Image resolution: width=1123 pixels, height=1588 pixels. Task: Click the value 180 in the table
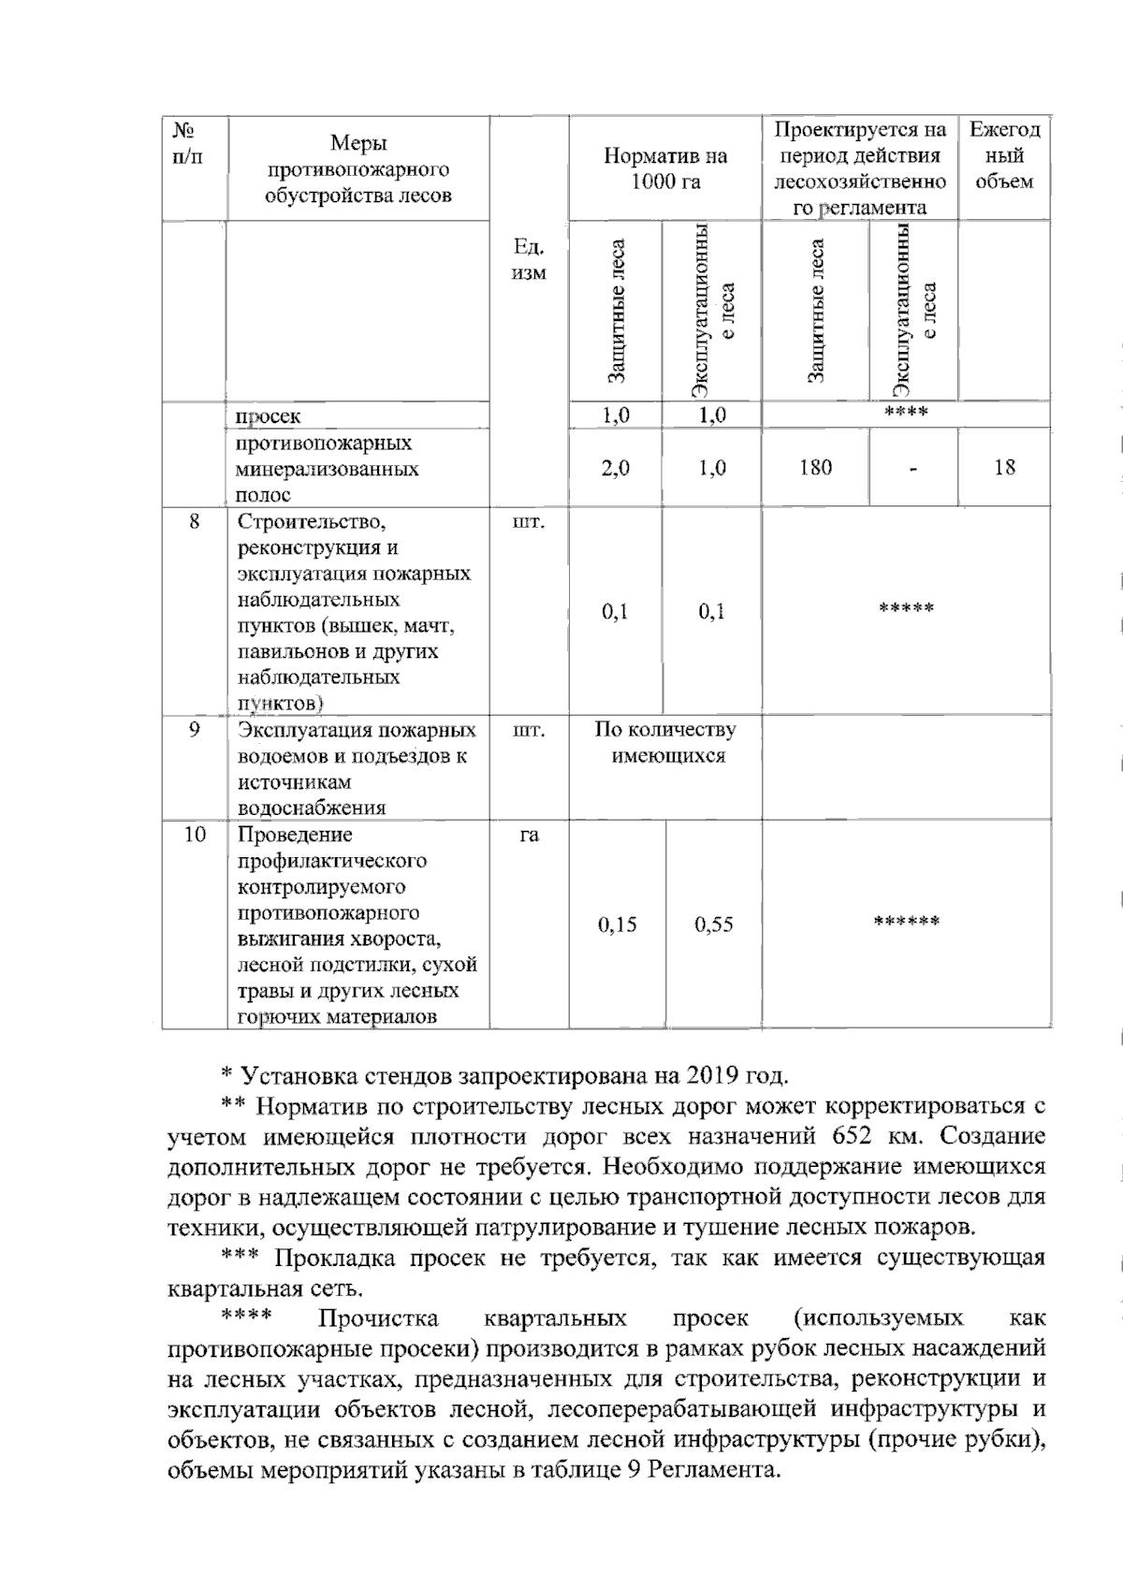click(x=815, y=467)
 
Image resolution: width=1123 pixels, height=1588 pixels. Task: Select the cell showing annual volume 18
click(x=1004, y=467)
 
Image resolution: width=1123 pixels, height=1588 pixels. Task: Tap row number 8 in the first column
click(x=194, y=522)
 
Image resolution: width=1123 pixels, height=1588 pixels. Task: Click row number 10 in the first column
click(x=194, y=834)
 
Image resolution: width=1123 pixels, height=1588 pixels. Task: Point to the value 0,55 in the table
click(x=713, y=925)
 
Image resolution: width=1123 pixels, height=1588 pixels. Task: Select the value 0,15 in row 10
click(x=617, y=925)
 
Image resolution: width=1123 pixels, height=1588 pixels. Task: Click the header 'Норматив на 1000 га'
click(x=664, y=168)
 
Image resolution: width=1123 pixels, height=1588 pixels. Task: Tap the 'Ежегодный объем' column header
click(x=1004, y=155)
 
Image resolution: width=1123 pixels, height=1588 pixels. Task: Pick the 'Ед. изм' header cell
click(x=529, y=260)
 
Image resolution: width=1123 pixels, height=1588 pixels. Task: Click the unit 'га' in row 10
click(x=529, y=834)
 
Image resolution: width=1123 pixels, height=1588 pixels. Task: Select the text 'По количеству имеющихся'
click(x=665, y=742)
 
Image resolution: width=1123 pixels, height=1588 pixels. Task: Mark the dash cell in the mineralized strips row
click(x=912, y=468)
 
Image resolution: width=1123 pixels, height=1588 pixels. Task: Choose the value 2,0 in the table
click(x=615, y=467)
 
